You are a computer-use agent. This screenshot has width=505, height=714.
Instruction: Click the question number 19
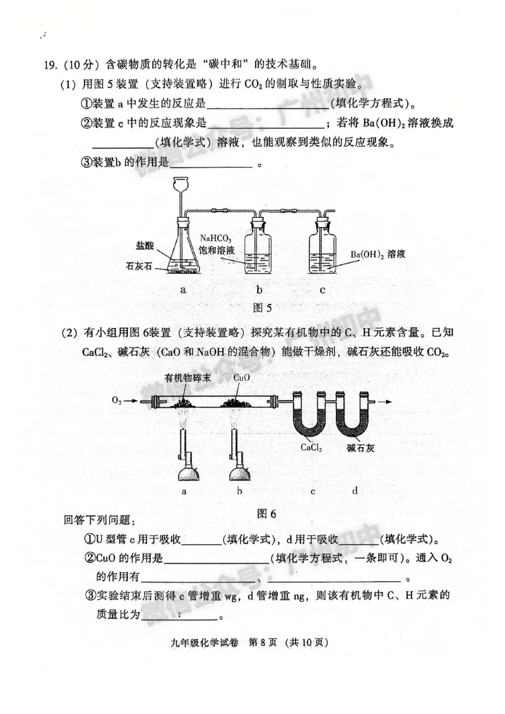coord(50,64)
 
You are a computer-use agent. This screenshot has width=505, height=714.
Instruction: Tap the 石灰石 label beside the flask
coord(140,266)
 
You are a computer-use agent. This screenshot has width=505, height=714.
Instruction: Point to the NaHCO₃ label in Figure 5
coord(217,238)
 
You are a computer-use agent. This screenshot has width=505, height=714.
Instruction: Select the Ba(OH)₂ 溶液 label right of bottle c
coord(377,254)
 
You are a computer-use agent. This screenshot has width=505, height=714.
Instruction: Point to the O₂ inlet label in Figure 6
coord(117,400)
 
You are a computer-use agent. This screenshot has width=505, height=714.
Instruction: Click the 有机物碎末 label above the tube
coord(187,377)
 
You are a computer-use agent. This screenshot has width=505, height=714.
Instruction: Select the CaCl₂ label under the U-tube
coord(311,447)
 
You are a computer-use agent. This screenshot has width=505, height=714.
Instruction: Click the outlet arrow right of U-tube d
coord(383,401)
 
